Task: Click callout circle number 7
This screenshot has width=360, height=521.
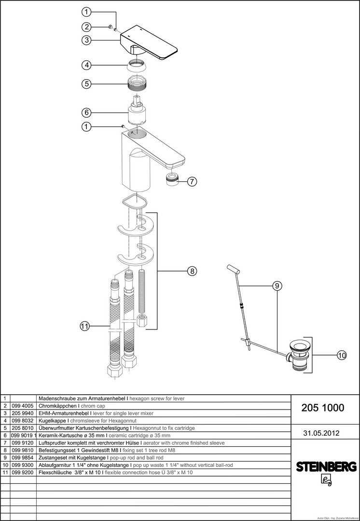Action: click(x=192, y=181)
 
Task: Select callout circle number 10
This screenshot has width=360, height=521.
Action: click(x=341, y=356)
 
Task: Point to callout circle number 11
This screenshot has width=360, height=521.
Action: click(x=85, y=327)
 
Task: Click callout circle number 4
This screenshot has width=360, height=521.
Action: click(x=86, y=65)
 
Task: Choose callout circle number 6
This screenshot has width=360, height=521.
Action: click(x=86, y=112)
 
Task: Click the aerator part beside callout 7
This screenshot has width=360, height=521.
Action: click(x=172, y=179)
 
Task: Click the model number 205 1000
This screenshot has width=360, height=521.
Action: click(x=323, y=408)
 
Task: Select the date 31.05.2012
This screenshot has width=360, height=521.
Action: click(x=321, y=433)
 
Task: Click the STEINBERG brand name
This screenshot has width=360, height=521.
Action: click(x=326, y=466)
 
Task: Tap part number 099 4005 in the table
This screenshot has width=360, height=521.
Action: click(x=23, y=406)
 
